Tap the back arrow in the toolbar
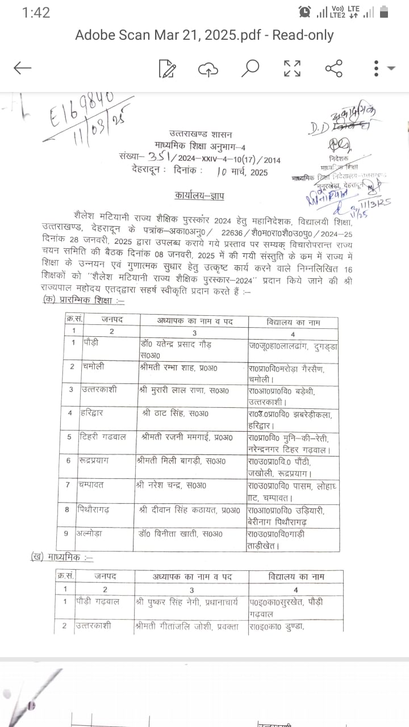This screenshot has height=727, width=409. point(23,68)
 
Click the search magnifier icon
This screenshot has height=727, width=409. point(250,68)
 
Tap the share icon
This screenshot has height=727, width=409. point(333,68)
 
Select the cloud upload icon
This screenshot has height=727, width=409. point(208,69)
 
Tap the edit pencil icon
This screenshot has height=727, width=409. point(167,68)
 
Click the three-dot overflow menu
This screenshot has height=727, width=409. point(376,68)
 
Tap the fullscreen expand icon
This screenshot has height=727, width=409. point(292,68)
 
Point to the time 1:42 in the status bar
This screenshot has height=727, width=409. point(36,12)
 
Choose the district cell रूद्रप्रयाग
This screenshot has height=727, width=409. point(102,461)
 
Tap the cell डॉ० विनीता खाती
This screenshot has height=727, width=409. point(174,534)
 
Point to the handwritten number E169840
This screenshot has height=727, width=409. point(78,111)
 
